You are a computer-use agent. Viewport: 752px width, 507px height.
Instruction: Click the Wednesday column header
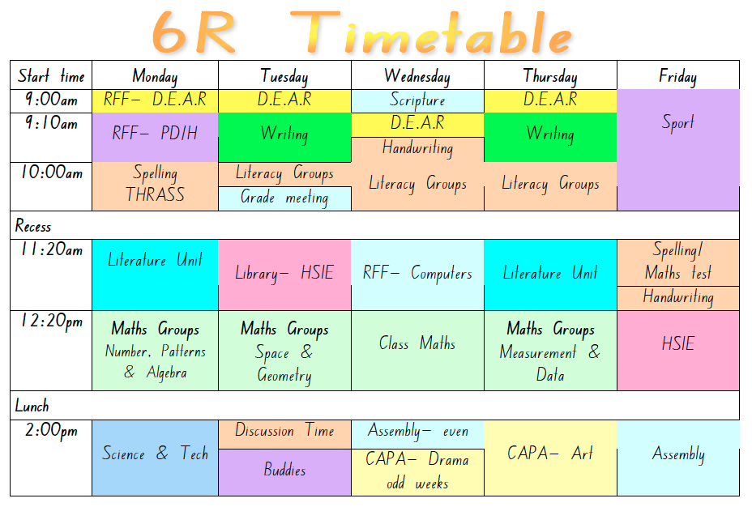pos(417,76)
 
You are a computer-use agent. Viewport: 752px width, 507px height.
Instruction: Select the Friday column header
pos(677,76)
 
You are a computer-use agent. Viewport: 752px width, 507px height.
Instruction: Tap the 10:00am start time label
pos(51,173)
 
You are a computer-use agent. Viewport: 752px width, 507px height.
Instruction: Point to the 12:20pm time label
pos(51,322)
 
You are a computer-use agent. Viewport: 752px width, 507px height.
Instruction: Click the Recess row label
pos(33,225)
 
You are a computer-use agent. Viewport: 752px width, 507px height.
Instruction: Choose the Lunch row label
pos(32,406)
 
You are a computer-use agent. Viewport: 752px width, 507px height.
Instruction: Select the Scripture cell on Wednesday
pos(417,100)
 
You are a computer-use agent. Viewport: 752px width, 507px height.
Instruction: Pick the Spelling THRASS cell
pos(155,185)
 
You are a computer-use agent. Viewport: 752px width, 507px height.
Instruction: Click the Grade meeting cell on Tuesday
pos(284,198)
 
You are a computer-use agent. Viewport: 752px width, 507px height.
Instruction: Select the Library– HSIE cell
pos(284,274)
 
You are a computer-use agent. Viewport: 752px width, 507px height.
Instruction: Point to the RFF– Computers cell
pos(417,274)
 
